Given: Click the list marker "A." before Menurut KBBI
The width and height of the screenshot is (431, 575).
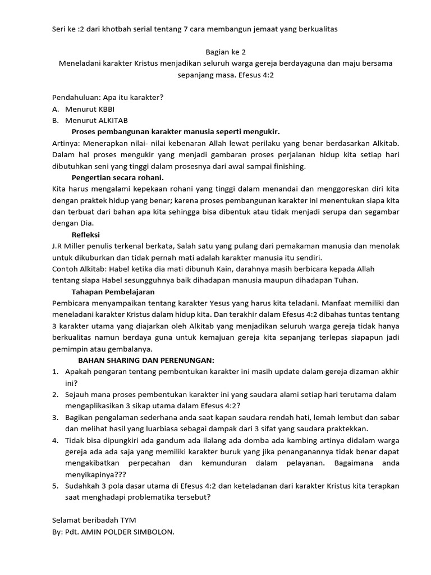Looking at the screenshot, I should pos(56,108).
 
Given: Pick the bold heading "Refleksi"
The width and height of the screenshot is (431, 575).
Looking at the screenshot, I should pos(85,235).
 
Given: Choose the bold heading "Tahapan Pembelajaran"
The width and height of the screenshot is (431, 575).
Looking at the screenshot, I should pos(113,292).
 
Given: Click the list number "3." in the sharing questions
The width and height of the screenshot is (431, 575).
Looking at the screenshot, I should pos(56,417).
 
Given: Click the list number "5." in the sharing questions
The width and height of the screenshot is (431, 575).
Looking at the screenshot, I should pos(56,486).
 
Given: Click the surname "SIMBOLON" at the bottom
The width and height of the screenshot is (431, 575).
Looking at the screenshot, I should pos(153,532).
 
